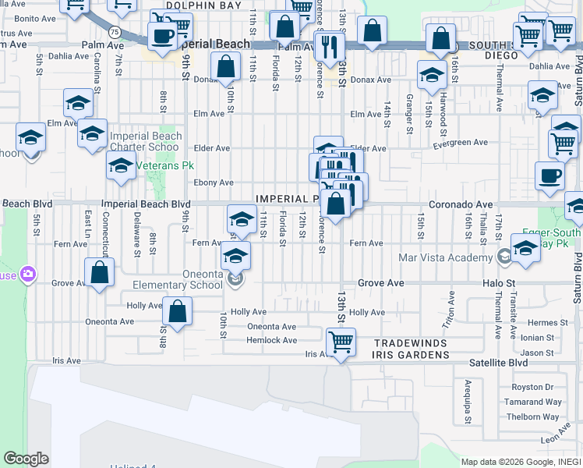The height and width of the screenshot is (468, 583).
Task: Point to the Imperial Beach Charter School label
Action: click(x=146, y=141)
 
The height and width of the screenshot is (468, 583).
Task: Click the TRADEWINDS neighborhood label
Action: click(x=412, y=344)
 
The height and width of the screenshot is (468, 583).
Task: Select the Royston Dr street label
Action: click(x=532, y=387)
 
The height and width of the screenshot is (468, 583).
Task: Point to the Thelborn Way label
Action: click(x=533, y=417)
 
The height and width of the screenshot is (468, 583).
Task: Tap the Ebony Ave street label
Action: click(x=214, y=183)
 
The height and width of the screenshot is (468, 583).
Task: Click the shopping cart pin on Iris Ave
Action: click(x=341, y=342)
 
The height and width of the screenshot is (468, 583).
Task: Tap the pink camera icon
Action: click(x=28, y=274)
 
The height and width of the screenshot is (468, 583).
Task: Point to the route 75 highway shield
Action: click(x=115, y=31)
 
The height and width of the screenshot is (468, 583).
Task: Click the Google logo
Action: click(x=26, y=459)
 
